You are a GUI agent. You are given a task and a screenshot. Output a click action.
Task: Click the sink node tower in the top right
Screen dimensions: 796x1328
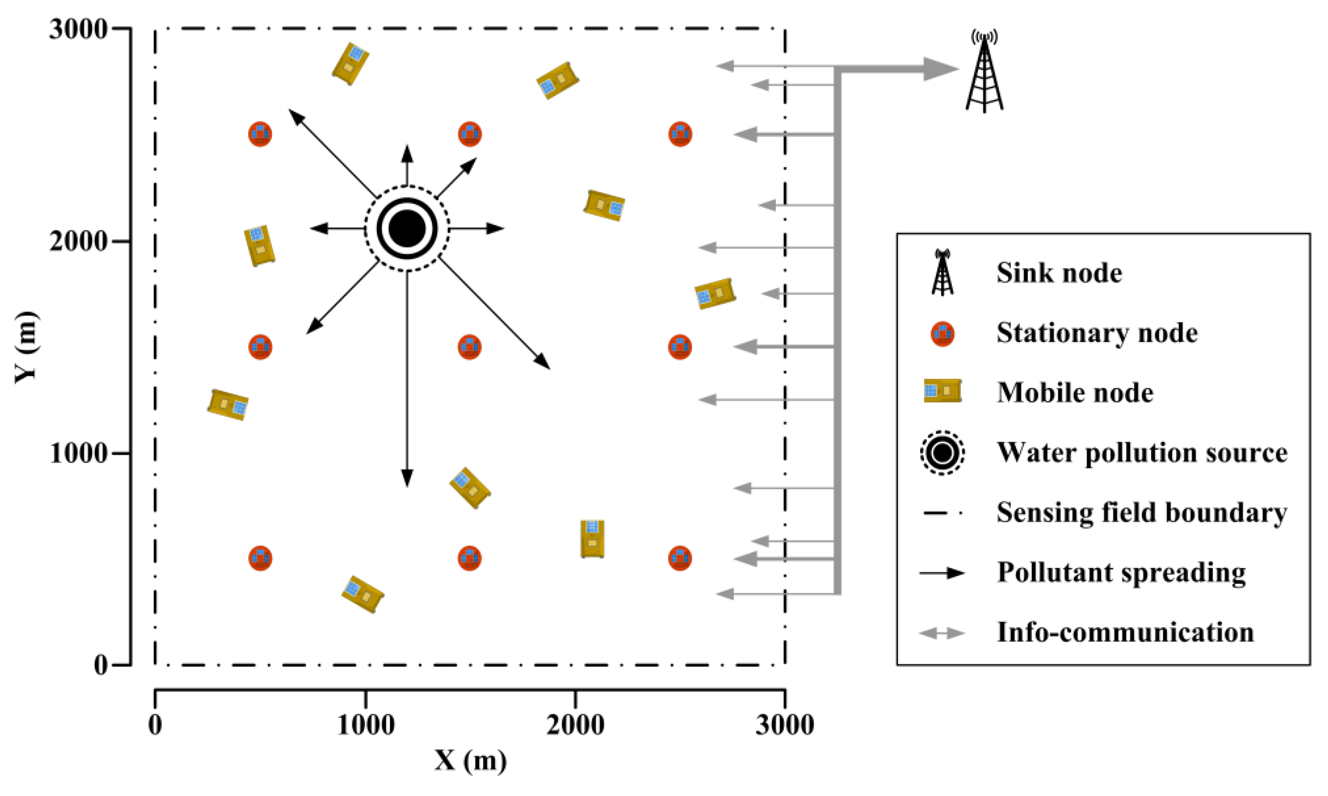point(984,75)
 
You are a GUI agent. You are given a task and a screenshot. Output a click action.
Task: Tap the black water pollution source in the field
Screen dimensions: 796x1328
point(407,228)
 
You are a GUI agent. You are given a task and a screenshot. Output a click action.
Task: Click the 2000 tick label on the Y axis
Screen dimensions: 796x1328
point(78,241)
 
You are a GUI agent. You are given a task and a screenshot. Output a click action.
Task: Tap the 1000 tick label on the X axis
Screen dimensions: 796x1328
point(365,725)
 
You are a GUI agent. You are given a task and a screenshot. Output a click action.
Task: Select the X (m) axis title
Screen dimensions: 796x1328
point(470,760)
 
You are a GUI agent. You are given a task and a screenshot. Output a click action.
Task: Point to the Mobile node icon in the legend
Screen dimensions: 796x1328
point(942,391)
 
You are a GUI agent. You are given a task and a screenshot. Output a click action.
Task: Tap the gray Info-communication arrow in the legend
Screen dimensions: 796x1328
point(942,633)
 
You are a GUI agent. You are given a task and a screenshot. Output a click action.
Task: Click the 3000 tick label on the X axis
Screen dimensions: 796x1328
point(785,725)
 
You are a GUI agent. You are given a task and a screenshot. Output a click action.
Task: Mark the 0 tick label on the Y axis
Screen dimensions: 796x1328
point(100,665)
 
